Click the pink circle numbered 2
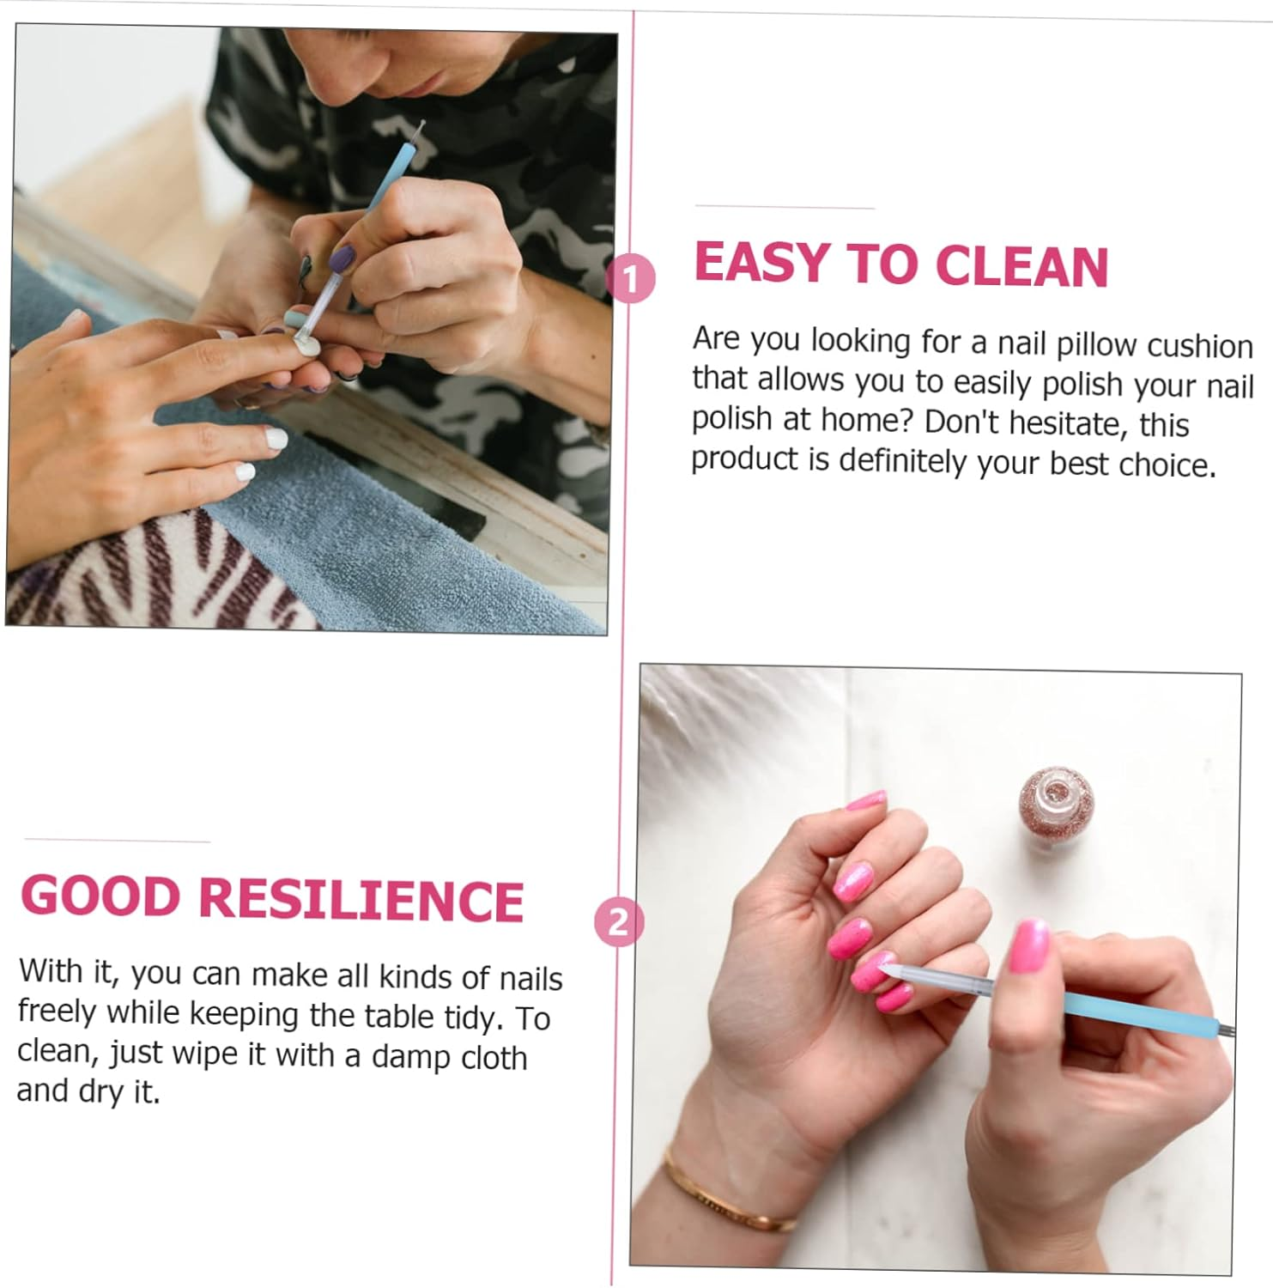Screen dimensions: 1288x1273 618,922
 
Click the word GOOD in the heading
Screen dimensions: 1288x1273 100,896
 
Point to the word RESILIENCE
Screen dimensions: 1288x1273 361,900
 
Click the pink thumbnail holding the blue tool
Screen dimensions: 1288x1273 1028,945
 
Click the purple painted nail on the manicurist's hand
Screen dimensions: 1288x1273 342,258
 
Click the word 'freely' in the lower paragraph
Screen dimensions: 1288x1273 57,1012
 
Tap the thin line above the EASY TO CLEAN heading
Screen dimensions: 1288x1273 785,207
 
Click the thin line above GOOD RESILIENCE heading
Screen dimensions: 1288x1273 117,841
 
